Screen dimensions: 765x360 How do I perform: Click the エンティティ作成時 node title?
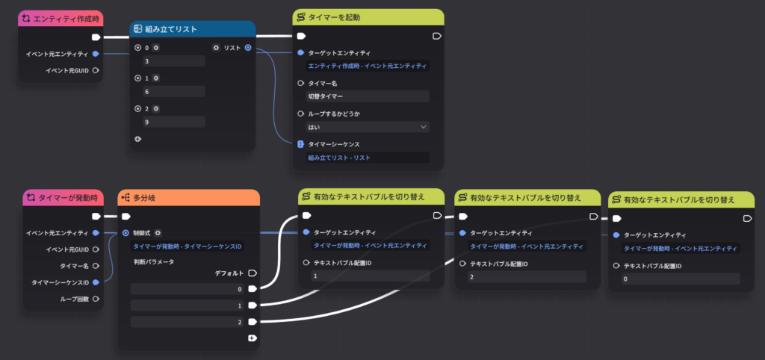click(65, 19)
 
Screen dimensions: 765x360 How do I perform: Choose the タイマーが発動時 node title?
click(68, 197)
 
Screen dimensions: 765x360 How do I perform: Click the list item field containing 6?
click(174, 91)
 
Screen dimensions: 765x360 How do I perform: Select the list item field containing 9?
click(174, 122)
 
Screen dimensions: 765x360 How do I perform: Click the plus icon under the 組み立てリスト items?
click(137, 139)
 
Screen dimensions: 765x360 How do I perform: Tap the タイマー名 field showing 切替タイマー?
click(368, 96)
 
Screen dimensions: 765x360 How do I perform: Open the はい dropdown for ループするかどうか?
click(368, 127)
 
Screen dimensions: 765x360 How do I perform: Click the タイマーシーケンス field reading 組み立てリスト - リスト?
click(368, 158)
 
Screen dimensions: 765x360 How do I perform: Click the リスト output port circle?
click(248, 48)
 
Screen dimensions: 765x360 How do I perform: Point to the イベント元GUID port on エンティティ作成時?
click(96, 70)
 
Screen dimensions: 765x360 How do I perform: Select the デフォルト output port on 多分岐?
click(253, 273)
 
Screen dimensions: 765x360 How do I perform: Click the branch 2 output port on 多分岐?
click(253, 322)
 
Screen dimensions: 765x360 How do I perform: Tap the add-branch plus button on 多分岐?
click(253, 338)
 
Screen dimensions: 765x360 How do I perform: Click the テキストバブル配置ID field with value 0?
click(681, 279)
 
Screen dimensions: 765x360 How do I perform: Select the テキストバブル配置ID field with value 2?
click(527, 276)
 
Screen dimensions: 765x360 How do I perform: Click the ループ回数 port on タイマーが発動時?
click(96, 299)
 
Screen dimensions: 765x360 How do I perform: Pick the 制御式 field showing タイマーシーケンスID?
click(188, 246)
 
